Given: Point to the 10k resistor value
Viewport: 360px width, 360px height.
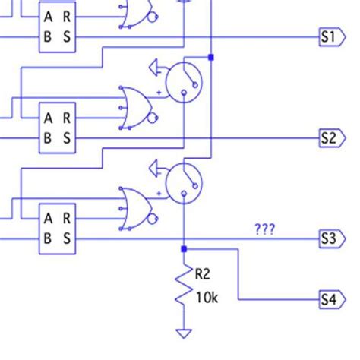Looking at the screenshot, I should pos(207,298).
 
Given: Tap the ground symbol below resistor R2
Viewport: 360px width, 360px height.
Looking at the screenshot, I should pos(183,332).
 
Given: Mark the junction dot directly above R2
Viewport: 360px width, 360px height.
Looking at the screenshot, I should pos(183,248).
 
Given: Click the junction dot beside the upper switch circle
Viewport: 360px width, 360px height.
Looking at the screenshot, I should pos(211,56).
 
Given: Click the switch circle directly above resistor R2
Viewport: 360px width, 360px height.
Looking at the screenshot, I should pos(183,183).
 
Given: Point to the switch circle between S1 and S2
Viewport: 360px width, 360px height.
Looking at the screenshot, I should pos(183,82).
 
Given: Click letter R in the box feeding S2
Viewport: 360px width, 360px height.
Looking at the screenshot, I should pos(67,118).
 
